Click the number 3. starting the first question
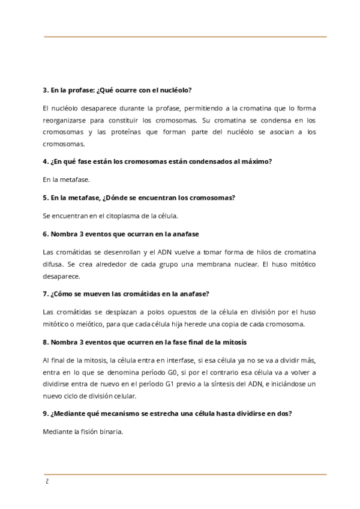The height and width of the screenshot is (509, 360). coord(46,90)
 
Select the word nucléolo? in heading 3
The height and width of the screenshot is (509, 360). coord(174,90)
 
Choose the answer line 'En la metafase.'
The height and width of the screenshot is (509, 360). coord(66,179)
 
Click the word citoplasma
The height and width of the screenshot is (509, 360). coord(124,215)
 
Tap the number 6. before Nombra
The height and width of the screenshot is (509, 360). coord(46,233)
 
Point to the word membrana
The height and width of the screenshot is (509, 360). coord(223,264)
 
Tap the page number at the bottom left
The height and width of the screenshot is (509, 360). coord(46,482)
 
